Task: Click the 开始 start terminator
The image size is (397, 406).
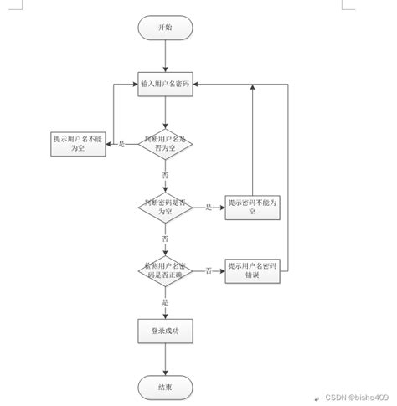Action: pyautogui.click(x=166, y=28)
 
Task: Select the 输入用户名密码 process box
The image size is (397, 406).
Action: pyautogui.click(x=166, y=85)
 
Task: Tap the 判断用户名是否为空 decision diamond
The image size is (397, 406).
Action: pyautogui.click(x=166, y=144)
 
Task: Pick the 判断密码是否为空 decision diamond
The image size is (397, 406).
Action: pyautogui.click(x=166, y=207)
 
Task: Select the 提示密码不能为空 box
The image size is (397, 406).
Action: pyautogui.click(x=252, y=207)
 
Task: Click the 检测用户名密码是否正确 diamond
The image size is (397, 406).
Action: pyautogui.click(x=166, y=270)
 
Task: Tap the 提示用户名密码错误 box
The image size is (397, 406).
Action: pyautogui.click(x=252, y=270)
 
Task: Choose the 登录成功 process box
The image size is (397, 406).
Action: pyautogui.click(x=166, y=332)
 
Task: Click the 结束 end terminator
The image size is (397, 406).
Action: pyautogui.click(x=166, y=387)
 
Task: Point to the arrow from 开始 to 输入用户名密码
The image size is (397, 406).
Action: pyautogui.click(x=166, y=55)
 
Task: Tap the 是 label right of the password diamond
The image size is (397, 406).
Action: pyautogui.click(x=208, y=207)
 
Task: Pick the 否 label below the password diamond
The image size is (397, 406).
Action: pyautogui.click(x=165, y=239)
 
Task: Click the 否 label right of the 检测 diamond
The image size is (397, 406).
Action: pyautogui.click(x=208, y=270)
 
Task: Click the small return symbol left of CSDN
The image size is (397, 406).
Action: pyautogui.click(x=317, y=398)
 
